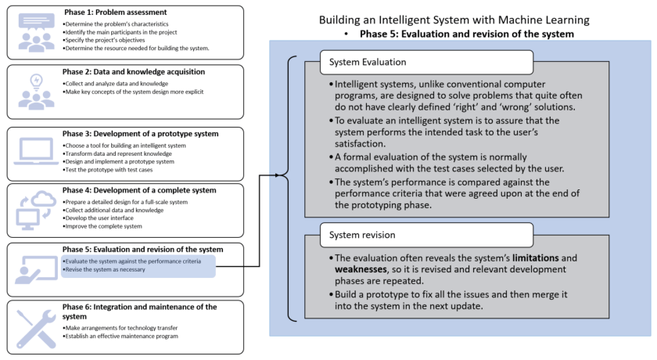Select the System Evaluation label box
(x=426, y=62)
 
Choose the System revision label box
(x=426, y=235)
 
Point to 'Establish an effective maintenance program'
(x=122, y=336)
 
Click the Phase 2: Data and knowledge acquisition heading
(x=134, y=72)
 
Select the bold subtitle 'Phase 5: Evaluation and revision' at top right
(x=466, y=34)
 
